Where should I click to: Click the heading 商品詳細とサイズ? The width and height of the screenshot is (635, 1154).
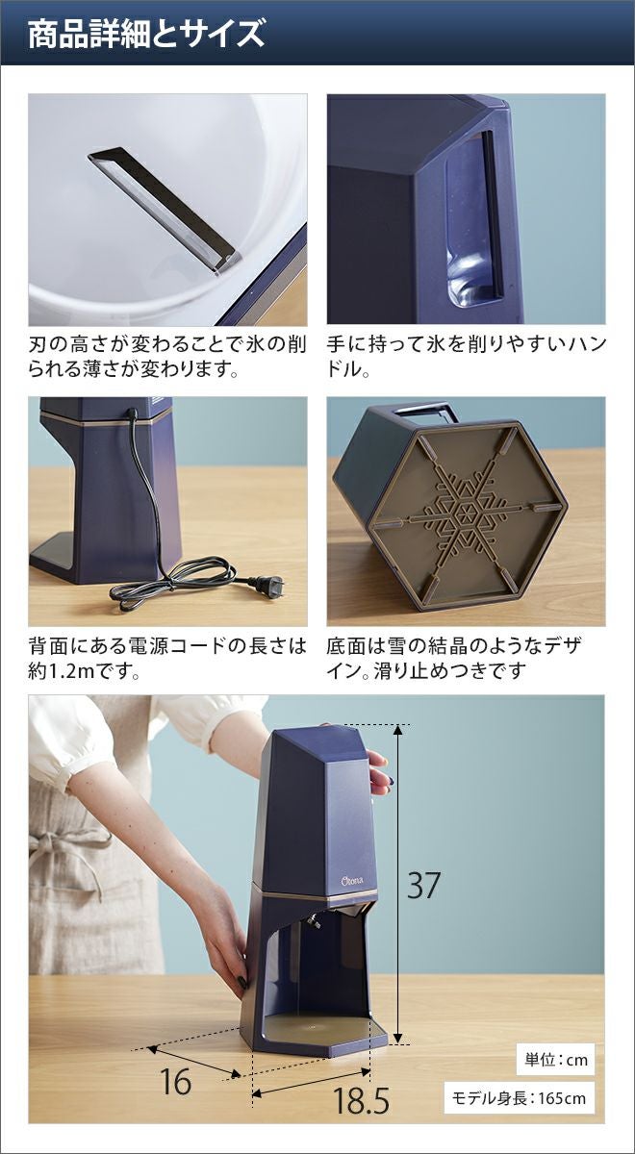146,34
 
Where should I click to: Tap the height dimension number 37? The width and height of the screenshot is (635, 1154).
423,885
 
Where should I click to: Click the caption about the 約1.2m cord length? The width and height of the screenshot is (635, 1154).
167,659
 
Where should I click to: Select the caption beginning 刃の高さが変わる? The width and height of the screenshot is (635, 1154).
167,357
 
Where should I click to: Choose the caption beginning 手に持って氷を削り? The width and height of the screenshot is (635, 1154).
466,357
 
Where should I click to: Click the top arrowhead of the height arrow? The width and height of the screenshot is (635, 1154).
397,730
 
